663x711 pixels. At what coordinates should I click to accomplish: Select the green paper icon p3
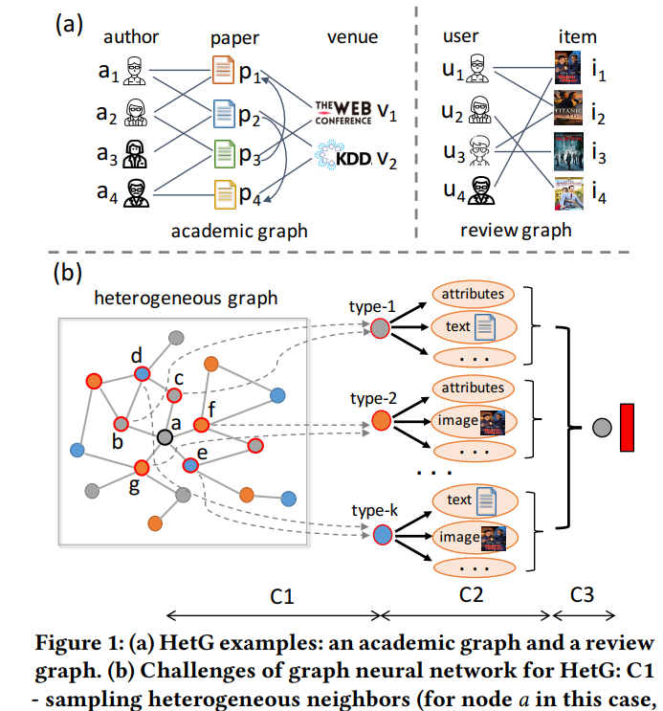[224, 153]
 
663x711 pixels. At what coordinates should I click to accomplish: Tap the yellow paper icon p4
[224, 194]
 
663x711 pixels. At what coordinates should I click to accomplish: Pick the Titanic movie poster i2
[567, 110]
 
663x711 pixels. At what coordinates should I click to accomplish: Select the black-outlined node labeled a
[166, 437]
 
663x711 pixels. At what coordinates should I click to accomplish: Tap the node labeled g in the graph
[142, 468]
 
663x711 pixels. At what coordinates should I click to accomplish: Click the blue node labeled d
[142, 374]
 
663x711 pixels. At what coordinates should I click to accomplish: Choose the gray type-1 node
[380, 328]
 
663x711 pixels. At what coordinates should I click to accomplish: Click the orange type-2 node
[380, 419]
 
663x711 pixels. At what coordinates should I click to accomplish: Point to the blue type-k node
[380, 536]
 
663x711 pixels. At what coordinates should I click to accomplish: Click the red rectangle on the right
[629, 427]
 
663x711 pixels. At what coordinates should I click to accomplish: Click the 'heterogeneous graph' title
[186, 298]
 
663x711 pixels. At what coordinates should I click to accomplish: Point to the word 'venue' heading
[352, 38]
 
